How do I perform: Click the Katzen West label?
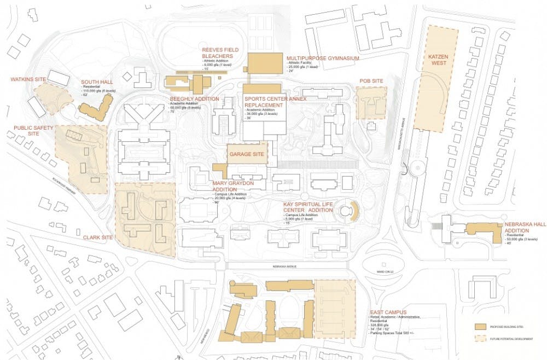(x=438, y=59)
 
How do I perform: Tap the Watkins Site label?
(x=28, y=79)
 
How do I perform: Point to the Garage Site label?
(x=247, y=154)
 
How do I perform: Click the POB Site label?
(x=370, y=81)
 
